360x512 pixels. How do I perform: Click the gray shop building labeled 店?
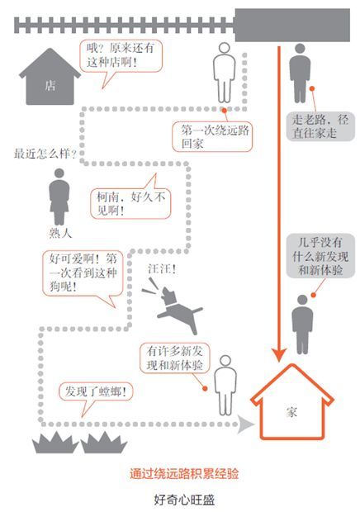coord(50,78)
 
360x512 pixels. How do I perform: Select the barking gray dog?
coord(173,306)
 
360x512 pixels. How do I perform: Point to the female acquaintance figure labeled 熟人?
coord(59,197)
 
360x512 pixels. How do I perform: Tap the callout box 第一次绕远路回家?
coord(212,137)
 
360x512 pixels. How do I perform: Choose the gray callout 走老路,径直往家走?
coord(320,126)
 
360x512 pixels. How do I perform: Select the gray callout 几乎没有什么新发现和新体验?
coord(320,256)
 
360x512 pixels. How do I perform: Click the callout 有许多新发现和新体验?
coord(174,358)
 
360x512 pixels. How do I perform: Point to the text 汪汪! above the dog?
coord(162,269)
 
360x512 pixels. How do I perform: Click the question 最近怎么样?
coord(45,154)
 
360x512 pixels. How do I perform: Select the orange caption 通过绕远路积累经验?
coord(184,473)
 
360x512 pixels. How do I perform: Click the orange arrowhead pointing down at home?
coord(279,354)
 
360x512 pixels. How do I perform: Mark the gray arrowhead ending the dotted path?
coord(245,424)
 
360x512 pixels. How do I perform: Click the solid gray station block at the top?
coord(292,25)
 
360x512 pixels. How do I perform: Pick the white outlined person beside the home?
coord(225,386)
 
